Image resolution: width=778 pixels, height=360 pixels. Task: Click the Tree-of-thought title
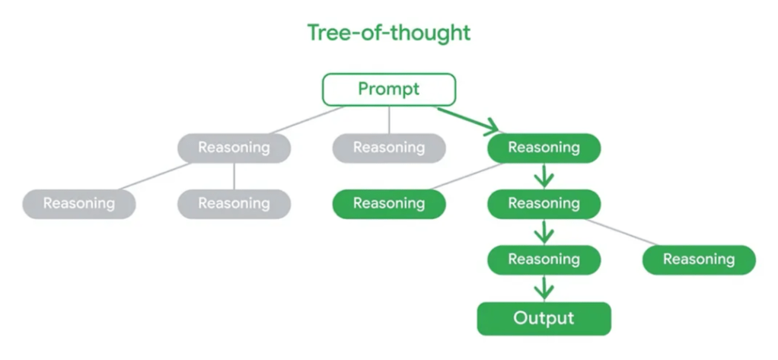(388, 33)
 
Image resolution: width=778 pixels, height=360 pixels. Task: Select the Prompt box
(388, 89)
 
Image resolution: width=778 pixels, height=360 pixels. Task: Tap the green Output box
(544, 318)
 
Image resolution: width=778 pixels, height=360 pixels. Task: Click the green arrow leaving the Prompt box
(468, 119)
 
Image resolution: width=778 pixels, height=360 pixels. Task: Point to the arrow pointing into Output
(544, 288)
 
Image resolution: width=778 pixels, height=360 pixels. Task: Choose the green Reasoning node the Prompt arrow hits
(544, 148)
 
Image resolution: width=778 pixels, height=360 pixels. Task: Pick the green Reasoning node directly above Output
(544, 260)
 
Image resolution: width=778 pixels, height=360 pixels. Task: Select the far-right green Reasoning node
(699, 260)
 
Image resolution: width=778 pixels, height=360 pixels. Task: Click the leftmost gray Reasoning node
(78, 203)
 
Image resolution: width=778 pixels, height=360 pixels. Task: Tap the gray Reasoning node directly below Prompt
(388, 148)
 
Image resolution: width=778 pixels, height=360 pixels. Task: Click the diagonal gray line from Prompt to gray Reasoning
(305, 120)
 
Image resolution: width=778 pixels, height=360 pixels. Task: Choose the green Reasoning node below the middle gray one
(388, 203)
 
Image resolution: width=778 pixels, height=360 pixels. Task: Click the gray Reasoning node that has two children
(234, 148)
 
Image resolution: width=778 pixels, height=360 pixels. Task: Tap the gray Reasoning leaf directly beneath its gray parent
(234, 203)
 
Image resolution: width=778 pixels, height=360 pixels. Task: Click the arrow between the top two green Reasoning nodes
(544, 176)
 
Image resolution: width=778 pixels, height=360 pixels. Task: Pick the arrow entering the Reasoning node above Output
(544, 231)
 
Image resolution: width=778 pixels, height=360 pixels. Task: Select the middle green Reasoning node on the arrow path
(544, 203)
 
